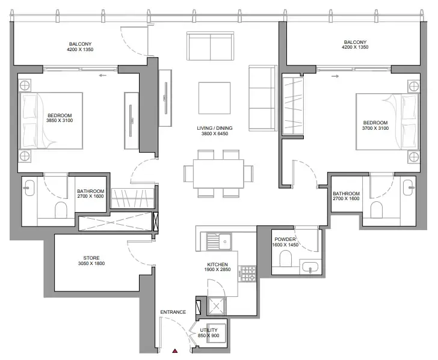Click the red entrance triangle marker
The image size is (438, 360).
coord(175,351)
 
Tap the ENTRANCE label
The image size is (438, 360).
coord(173,312)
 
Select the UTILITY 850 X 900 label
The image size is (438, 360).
coord(209,332)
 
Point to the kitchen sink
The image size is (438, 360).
coord(218,242)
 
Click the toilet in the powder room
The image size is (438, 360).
coord(285,258)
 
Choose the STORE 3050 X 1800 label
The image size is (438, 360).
coord(91,261)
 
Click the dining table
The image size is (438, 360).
coord(218,174)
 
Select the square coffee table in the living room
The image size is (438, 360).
coord(215,98)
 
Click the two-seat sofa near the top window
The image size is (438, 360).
coord(210,46)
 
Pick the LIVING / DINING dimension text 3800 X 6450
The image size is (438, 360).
coord(215,133)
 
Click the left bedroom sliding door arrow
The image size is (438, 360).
coord(102,75)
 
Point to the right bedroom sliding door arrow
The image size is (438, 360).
coord(335,76)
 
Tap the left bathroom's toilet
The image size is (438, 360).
coord(61,210)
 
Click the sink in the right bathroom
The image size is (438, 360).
coord(409,188)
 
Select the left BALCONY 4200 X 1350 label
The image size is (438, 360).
coord(80,47)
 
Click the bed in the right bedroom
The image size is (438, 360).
coord(387,121)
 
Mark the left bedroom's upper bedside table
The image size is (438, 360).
coord(25,85)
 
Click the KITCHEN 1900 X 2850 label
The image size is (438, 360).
coord(217,267)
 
